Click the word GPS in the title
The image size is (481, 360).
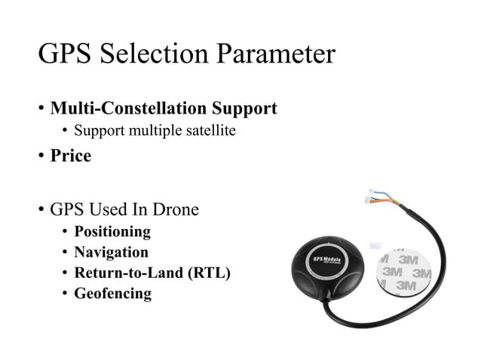(x=64, y=55)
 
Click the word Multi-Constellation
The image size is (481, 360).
(x=129, y=108)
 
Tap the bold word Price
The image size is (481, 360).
(x=71, y=157)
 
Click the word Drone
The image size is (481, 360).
(x=174, y=209)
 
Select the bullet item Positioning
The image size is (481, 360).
(x=112, y=231)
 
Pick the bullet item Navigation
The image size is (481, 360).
(x=111, y=252)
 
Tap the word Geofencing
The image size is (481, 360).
(x=112, y=294)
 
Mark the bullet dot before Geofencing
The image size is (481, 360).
(x=65, y=294)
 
